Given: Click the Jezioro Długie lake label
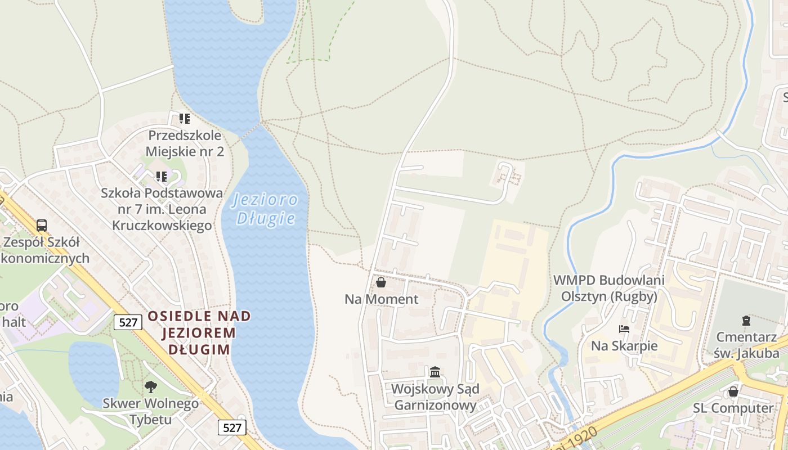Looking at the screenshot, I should coord(265,209).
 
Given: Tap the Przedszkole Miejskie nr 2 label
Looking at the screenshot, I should coord(185,143).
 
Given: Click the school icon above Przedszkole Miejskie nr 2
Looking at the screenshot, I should coord(185,119).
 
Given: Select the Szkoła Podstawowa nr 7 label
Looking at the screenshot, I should coord(162,209).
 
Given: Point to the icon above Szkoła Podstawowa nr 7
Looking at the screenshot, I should coord(162,177).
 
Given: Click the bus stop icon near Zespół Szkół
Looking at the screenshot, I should coord(42,226).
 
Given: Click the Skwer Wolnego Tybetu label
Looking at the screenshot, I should coord(150,411).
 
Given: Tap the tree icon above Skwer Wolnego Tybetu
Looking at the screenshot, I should coord(150,386).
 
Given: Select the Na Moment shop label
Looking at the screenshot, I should coord(382,299).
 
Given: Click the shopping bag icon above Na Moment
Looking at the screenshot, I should coord(381,282).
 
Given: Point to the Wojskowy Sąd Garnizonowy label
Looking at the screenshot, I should coord(435,397).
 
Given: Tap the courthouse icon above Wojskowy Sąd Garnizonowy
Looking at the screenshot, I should coord(435,372).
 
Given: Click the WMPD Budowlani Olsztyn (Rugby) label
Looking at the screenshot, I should coord(609,288).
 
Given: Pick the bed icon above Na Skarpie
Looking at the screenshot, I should coord(624,329).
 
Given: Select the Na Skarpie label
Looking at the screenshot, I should coord(624,345).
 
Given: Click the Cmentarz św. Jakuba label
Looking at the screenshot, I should coord(747,345).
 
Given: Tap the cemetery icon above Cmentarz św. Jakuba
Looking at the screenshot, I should coord(746,321).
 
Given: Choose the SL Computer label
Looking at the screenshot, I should coord(733,408).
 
